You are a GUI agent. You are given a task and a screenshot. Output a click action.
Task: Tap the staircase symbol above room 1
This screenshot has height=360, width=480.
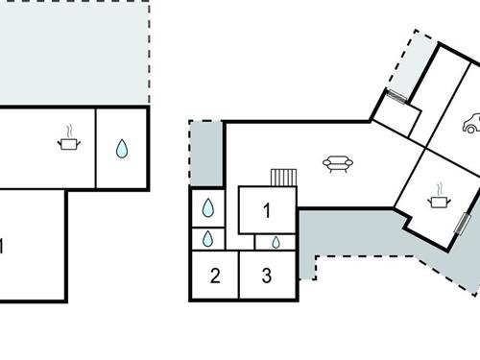click(284, 178)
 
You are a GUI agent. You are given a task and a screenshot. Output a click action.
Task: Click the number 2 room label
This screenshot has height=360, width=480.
click(215, 276)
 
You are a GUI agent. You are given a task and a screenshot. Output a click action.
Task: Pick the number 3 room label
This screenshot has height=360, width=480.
click(267, 276)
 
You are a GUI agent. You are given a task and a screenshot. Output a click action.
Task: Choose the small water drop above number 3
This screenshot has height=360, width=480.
click(275, 242)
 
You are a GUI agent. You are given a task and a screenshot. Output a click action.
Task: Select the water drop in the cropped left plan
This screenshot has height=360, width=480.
click(122, 149)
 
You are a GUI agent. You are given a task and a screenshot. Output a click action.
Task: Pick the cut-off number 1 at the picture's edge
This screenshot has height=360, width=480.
click(2, 247)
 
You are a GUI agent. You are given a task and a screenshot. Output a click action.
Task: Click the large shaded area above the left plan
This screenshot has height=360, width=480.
click(72, 53)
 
